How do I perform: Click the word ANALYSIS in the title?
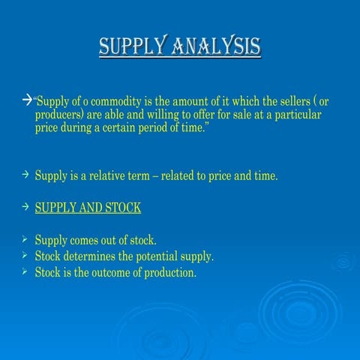coord(218,47)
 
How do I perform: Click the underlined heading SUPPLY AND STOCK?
coord(88,208)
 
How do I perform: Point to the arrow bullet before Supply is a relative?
coord(25,175)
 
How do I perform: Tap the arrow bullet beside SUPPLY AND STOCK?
coord(25,207)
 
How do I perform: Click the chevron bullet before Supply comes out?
coord(25,240)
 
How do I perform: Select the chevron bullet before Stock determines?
coord(25,256)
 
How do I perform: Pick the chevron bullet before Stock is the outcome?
coord(25,272)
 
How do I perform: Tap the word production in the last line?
coord(169,272)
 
